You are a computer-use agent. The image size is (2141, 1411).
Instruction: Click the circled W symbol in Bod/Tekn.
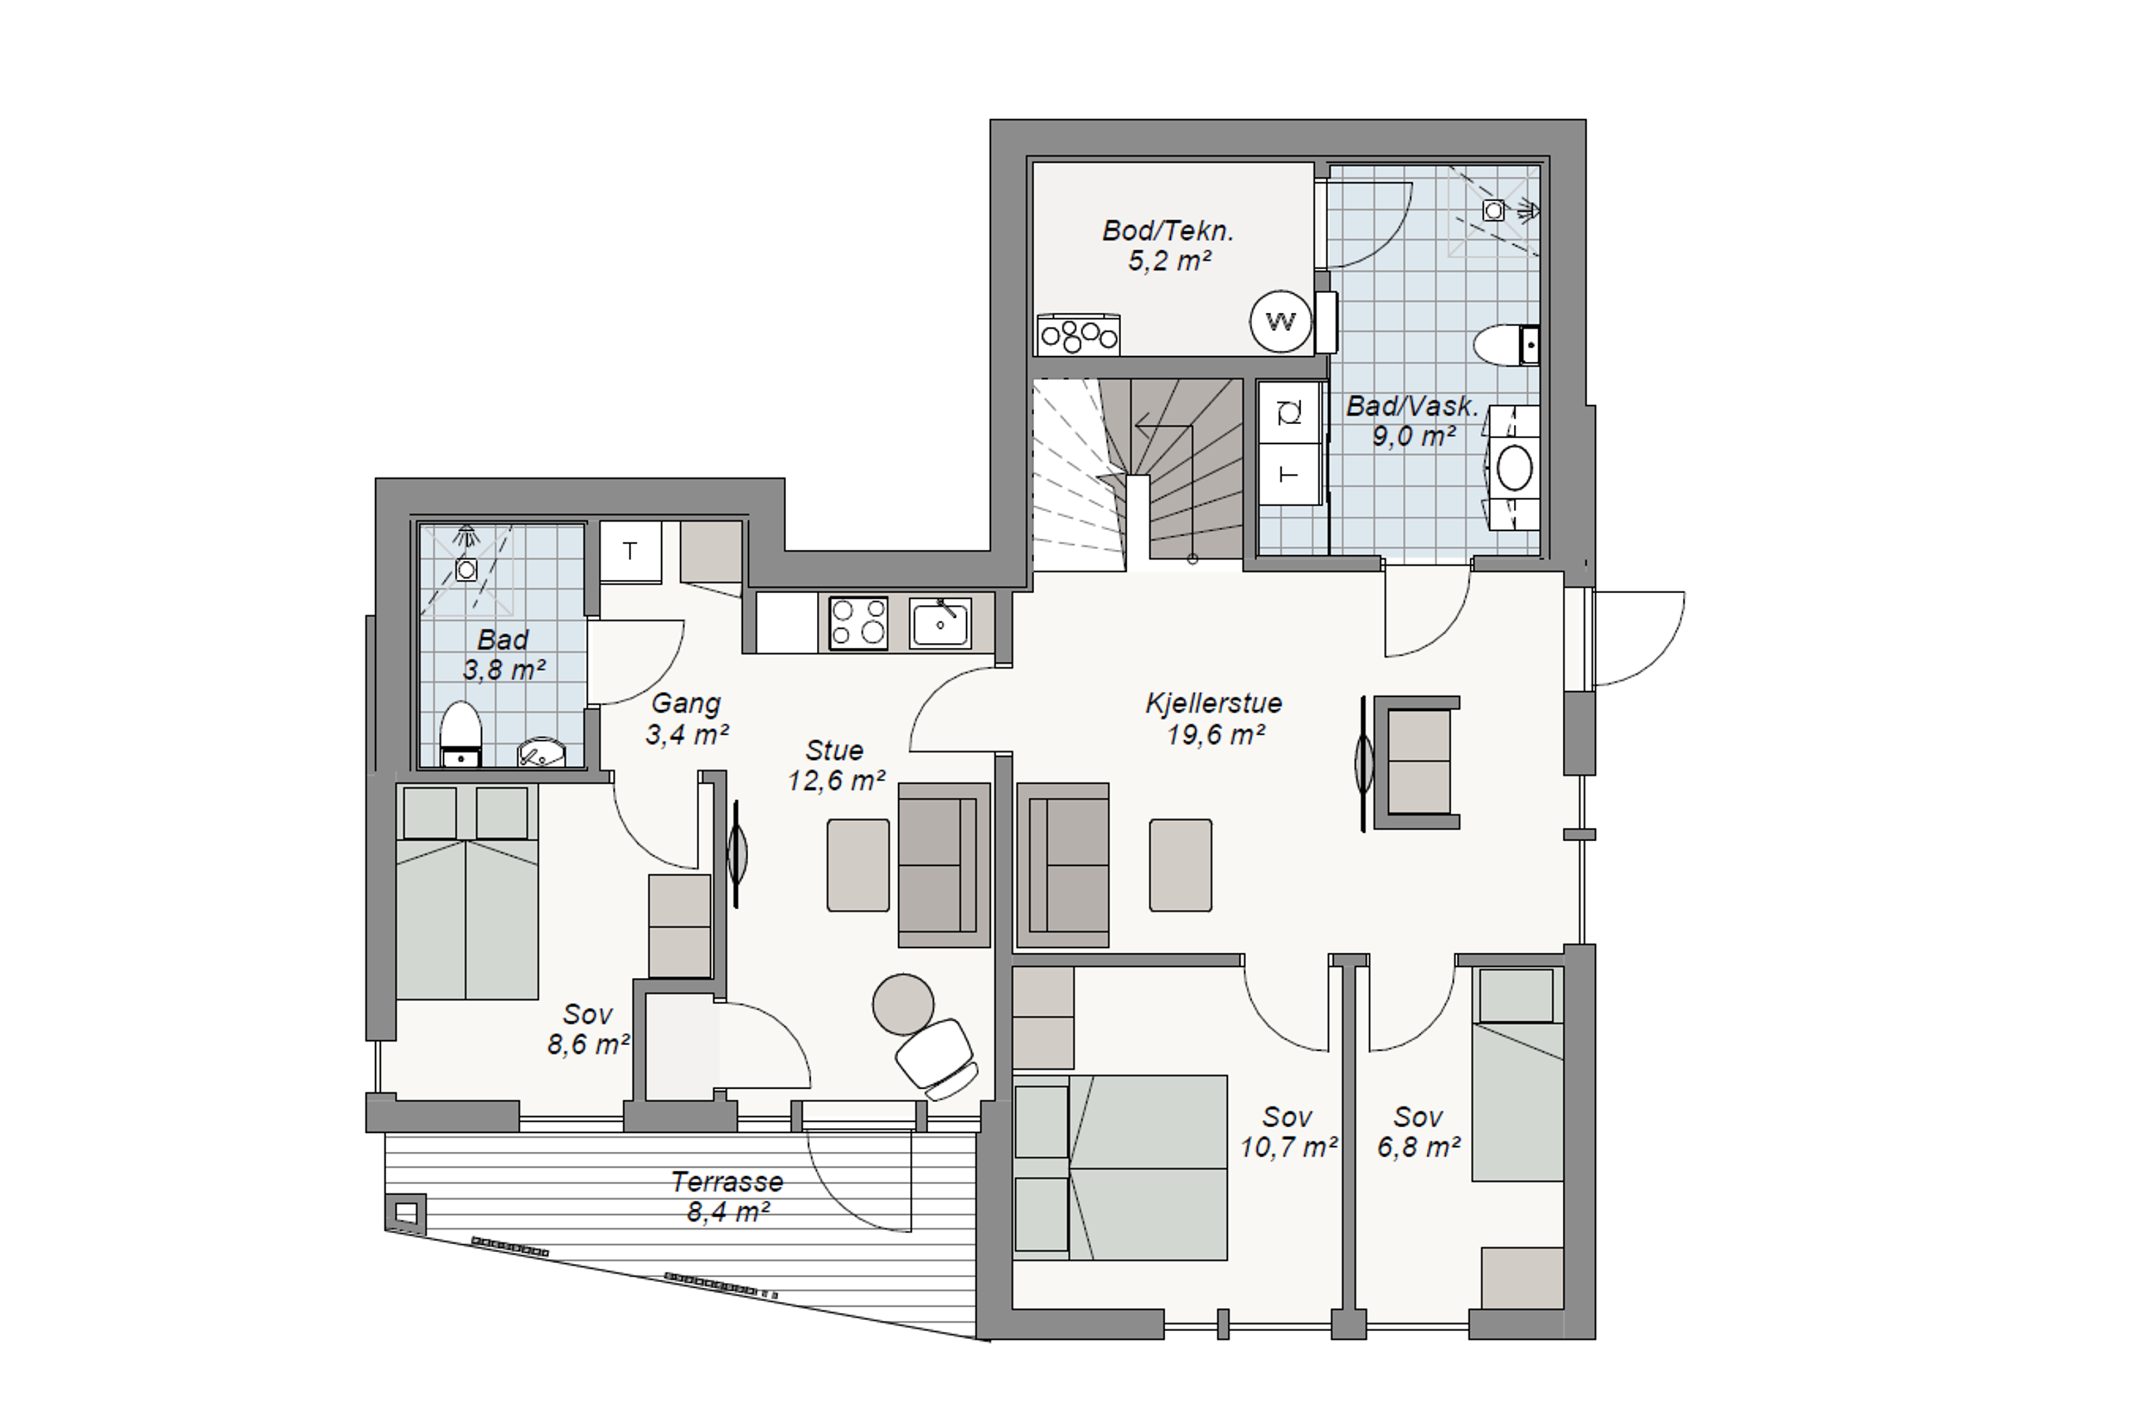coord(1281,321)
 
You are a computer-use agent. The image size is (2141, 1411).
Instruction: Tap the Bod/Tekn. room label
coord(1168,230)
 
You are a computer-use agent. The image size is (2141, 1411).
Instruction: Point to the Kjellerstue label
coord(1213,703)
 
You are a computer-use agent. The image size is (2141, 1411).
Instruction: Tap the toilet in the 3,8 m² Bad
coord(461,734)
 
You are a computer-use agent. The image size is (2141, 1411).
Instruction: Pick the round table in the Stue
coord(903,1004)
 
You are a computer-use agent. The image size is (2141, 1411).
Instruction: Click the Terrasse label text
coord(727,1181)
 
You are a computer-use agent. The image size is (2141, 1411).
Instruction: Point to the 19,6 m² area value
coord(1216,735)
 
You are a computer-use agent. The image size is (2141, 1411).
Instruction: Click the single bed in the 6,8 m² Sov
coord(1517,1074)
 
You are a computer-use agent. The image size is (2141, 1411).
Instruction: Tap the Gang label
coord(686,704)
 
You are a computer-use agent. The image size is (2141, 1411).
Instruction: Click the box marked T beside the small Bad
coord(630,551)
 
